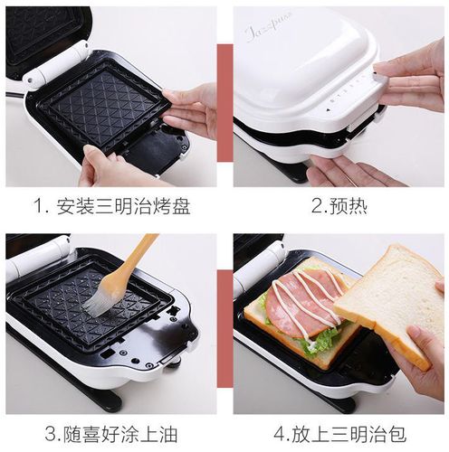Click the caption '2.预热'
(339, 207)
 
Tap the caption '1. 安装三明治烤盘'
(112, 207)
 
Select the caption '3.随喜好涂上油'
(111, 434)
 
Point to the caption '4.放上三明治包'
(340, 434)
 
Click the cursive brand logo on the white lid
(269, 26)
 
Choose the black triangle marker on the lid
(329, 111)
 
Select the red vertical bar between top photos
(225, 102)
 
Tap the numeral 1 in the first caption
(39, 207)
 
